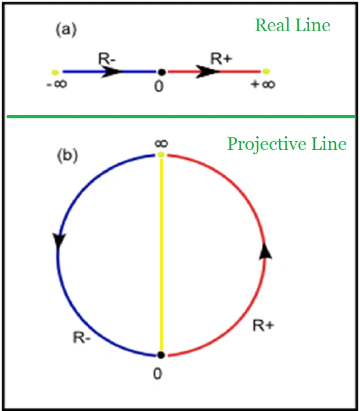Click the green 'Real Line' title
292,25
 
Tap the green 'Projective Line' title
286,145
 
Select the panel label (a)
66,30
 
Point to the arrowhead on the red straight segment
207,71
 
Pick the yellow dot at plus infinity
266,71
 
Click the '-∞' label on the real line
56,85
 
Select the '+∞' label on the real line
263,85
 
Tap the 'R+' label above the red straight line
220,59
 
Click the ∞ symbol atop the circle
160,143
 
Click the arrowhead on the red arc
265,251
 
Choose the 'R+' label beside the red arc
263,326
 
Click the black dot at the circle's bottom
160,355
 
